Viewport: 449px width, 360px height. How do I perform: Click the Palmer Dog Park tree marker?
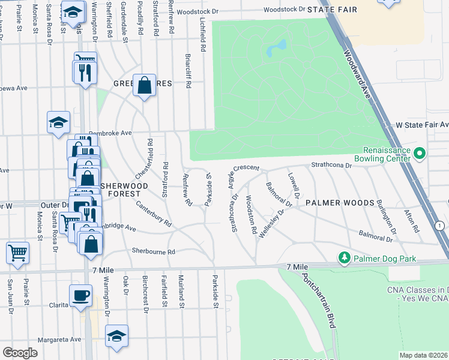pos(344,258)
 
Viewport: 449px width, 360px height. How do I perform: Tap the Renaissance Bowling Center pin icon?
pos(420,154)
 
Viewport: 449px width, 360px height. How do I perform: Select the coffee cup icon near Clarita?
pos(80,295)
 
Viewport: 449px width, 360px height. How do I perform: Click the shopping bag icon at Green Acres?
pos(145,85)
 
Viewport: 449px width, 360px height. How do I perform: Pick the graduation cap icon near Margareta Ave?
pos(116,336)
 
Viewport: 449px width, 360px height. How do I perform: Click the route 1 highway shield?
pos(440,225)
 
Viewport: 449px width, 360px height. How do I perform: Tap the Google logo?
pos(20,352)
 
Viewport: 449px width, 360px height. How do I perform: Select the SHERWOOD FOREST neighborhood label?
pos(124,190)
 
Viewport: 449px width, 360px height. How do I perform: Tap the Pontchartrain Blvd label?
pos(318,301)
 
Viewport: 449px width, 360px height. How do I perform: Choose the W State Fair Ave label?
pos(421,125)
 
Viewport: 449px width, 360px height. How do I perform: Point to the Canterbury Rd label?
pos(154,214)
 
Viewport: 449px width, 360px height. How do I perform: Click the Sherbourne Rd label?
pos(154,252)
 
